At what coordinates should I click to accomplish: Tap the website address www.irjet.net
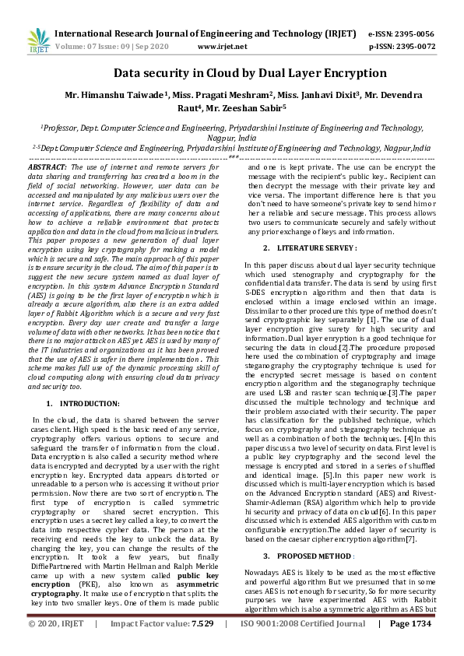click(x=223, y=47)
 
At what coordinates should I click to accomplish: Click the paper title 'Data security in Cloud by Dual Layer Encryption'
click(x=231, y=73)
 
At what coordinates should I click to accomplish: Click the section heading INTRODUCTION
click(x=90, y=403)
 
